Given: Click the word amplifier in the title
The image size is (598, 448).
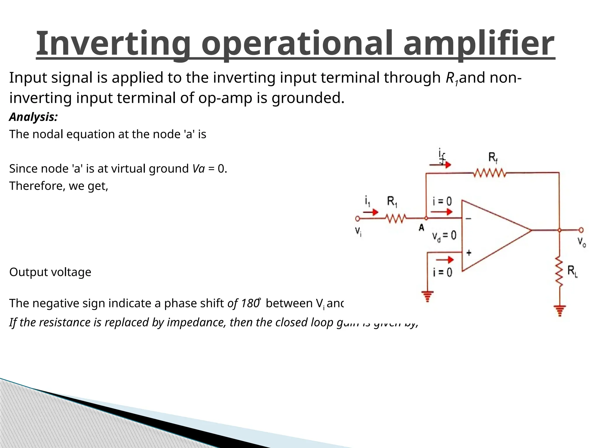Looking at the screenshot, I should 479,44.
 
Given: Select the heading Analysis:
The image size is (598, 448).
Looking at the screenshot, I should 33,117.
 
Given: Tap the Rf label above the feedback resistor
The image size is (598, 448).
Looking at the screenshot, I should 493,158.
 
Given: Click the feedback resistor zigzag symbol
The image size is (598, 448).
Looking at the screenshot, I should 490,173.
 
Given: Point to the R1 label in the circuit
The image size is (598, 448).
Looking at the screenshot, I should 392,201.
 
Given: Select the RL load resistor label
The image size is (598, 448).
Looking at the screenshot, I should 572,272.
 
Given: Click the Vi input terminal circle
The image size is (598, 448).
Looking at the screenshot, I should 357,218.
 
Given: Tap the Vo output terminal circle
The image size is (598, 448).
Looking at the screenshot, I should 581,230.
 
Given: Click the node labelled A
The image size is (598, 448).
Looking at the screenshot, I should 426,218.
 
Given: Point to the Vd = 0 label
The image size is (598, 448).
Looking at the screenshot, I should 444,235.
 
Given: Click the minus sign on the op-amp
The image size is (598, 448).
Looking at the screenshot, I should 468,219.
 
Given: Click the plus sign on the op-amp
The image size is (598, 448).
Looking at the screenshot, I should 469,253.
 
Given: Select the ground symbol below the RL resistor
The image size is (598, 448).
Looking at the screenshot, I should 560,310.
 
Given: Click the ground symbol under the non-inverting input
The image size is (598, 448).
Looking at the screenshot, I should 427,296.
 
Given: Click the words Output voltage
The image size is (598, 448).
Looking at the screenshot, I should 50,272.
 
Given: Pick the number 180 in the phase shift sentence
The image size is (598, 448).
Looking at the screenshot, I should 250,303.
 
